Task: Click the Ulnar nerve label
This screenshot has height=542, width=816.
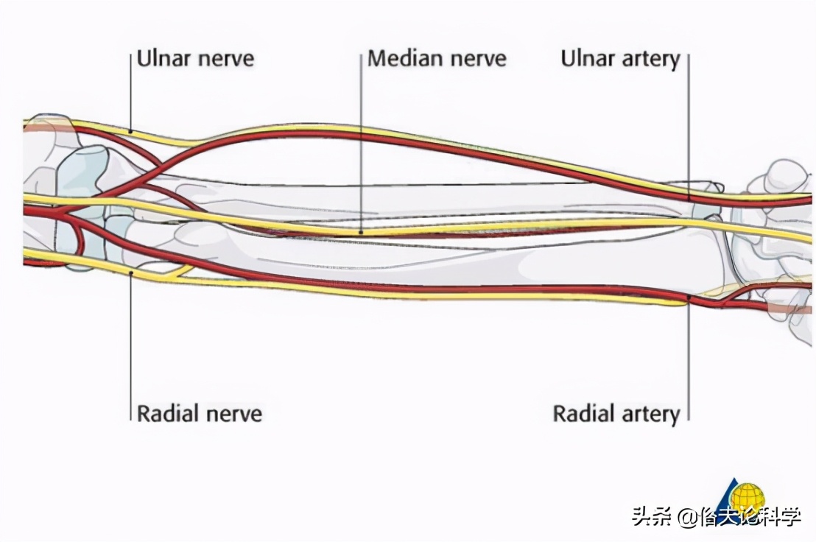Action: click(195, 59)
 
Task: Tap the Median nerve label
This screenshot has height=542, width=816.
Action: click(437, 59)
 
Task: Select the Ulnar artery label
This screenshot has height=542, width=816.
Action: click(619, 59)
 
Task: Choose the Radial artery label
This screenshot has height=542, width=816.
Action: click(616, 413)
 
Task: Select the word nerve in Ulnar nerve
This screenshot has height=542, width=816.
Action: click(225, 59)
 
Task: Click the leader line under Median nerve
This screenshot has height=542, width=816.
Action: click(362, 147)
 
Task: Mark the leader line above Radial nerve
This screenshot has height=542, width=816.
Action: click(131, 346)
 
